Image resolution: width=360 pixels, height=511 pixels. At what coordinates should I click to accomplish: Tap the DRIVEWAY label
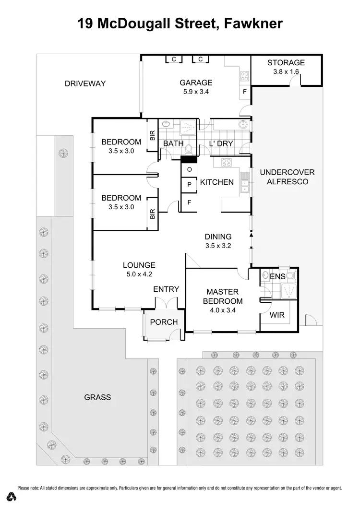[x=85, y=84]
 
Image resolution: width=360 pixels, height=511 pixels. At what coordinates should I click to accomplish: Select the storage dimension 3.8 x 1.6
[x=286, y=71]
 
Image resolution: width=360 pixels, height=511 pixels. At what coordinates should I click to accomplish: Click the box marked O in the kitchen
[x=189, y=170]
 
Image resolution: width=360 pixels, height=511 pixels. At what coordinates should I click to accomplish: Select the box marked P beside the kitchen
[x=189, y=185]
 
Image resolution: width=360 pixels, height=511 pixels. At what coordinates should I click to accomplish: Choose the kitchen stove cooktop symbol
[x=227, y=163]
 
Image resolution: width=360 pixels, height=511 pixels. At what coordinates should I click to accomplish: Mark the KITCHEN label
[x=217, y=182]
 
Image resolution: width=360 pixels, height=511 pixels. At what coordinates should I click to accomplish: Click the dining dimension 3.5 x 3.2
[x=218, y=246]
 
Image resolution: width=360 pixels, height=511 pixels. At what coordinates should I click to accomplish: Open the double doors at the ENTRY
[x=166, y=303]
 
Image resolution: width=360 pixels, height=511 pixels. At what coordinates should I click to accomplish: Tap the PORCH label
[x=164, y=322]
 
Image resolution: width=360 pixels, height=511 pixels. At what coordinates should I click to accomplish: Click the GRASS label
[x=97, y=397]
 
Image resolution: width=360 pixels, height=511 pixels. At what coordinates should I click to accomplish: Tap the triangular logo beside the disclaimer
[x=9, y=495]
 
